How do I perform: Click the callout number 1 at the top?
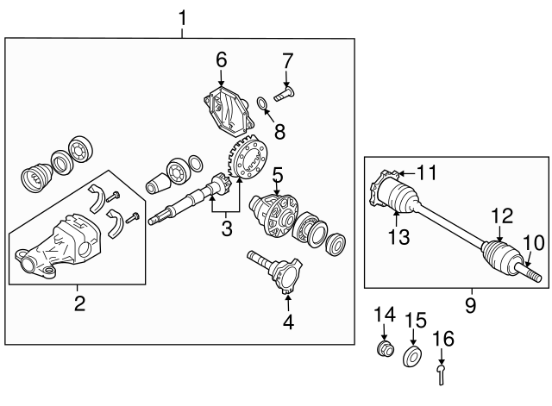[182, 17]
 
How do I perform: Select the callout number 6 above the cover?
[222, 59]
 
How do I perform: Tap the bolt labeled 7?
[284, 94]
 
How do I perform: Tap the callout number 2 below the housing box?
[80, 303]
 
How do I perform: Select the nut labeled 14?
[386, 348]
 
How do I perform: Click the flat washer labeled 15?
[412, 356]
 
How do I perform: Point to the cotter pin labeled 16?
[441, 374]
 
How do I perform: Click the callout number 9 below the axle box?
[471, 304]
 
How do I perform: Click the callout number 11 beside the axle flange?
[427, 172]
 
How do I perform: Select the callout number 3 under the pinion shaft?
[227, 229]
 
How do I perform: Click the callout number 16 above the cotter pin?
[442, 339]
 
